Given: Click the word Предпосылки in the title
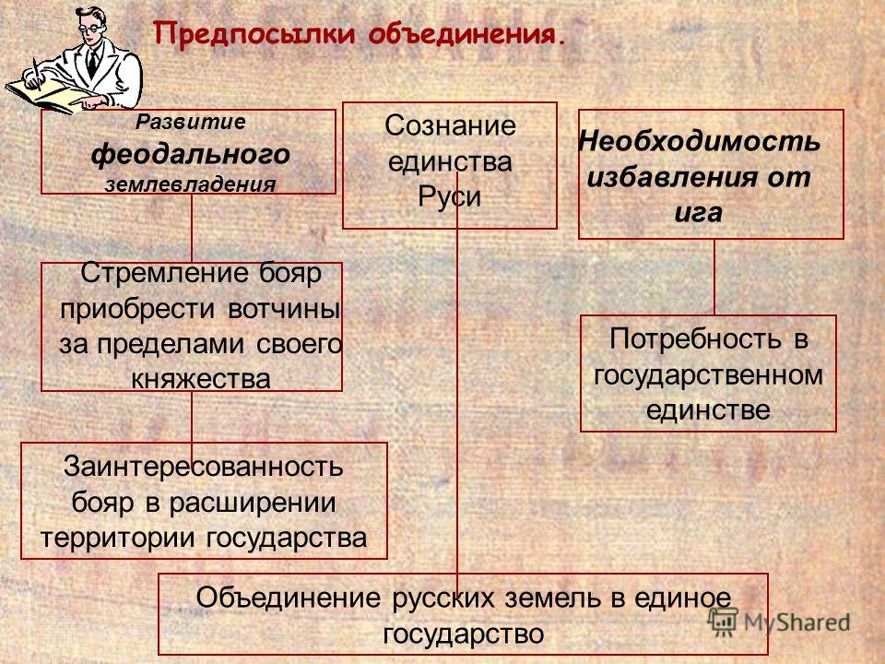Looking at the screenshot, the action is coord(255,35).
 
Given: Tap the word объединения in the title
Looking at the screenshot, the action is coord(466,35).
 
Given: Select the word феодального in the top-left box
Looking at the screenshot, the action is coord(191,155).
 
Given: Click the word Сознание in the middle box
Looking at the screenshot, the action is coord(450,126).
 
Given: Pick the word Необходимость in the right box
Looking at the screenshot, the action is coord(700,141).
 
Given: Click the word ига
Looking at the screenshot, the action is coord(699,213).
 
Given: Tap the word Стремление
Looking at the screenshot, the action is coord(164,274).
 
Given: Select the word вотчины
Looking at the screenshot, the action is coord(284,310).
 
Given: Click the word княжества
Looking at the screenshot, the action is coord(201,379).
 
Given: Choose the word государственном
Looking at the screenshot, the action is coord(708,375).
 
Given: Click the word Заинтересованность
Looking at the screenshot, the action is coord(203,467).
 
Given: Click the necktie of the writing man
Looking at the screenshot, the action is coord(91,64).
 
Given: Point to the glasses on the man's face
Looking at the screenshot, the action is coord(88,27).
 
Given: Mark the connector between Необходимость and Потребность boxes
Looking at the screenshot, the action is coord(714,277).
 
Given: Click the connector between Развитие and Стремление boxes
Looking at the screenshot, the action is coord(192,228).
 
